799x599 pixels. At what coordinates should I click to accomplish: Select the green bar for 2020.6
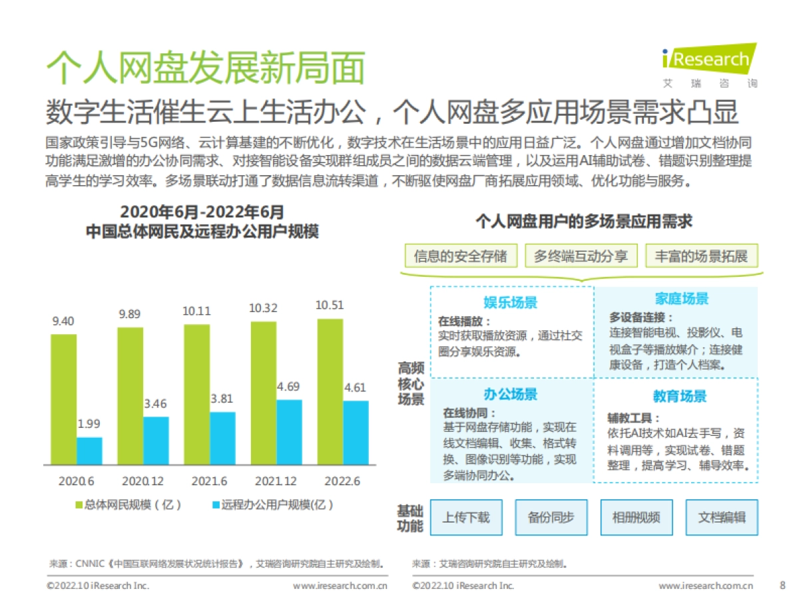[63, 399]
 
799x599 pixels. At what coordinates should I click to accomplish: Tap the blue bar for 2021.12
[289, 432]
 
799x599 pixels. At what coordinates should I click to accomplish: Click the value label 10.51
[330, 305]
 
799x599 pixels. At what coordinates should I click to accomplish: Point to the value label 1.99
[89, 424]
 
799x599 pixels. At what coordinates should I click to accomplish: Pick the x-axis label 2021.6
[210, 481]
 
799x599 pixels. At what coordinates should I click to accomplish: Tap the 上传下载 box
[466, 517]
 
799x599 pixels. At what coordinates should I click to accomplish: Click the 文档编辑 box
[722, 517]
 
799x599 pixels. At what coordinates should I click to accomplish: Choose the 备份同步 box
[551, 517]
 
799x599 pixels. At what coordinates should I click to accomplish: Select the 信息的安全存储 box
[460, 256]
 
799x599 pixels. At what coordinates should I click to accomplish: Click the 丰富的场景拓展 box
[701, 256]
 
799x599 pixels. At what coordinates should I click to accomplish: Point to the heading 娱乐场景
[510, 303]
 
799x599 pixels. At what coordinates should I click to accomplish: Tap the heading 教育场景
[679, 397]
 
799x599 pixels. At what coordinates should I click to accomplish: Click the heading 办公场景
[510, 394]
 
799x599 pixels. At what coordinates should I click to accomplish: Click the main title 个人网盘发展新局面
[206, 68]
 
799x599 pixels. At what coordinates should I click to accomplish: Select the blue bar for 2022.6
[356, 433]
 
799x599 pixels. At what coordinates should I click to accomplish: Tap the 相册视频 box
[637, 517]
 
